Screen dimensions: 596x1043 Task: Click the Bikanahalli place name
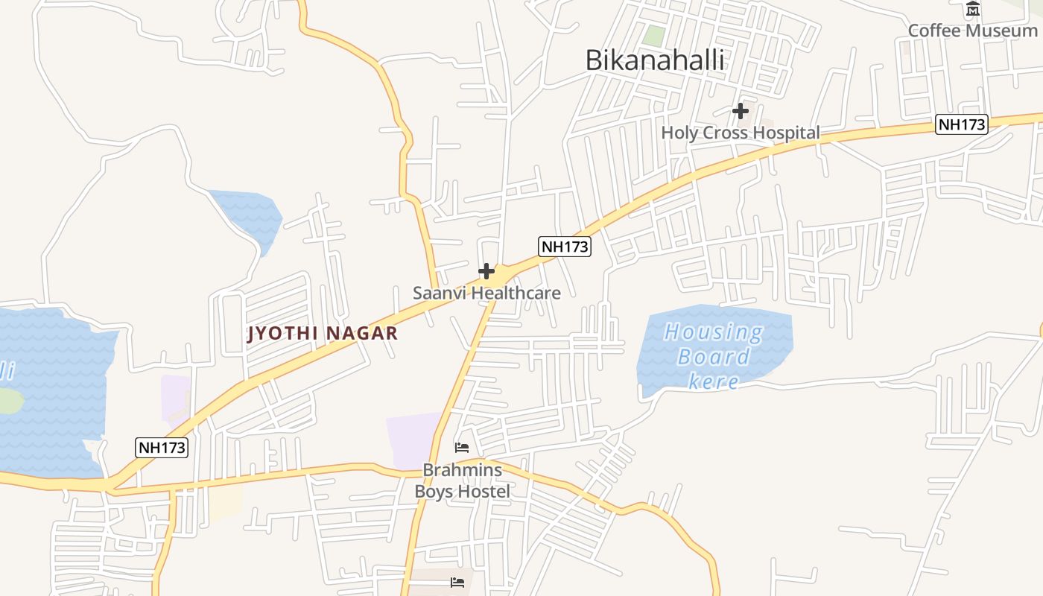point(654,60)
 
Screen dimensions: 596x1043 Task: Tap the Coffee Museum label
point(972,31)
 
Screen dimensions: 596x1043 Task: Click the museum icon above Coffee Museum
point(973,10)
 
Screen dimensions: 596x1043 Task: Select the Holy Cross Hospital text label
point(741,133)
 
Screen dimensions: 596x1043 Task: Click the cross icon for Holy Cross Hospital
point(740,111)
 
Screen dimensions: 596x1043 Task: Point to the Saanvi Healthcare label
point(486,293)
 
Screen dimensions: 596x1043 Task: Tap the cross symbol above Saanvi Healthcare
point(486,271)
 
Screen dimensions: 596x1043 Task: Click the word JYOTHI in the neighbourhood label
point(284,333)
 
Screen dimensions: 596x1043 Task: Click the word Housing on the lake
point(714,332)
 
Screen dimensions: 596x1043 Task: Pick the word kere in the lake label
point(713,382)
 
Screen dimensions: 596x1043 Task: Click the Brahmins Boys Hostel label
point(462,481)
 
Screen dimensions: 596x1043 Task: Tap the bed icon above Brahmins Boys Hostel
point(462,448)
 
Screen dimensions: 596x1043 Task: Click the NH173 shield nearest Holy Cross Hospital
point(962,124)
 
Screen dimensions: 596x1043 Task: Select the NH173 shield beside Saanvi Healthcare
point(565,247)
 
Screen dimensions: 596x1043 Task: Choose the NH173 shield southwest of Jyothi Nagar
point(162,448)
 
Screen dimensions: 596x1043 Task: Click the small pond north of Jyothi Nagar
point(250,216)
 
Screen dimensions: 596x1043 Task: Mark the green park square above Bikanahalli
point(653,35)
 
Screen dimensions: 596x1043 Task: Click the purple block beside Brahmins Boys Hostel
point(412,440)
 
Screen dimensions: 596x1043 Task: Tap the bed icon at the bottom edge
point(457,582)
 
